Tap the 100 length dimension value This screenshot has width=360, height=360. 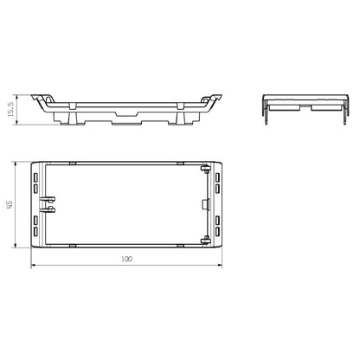point(127,258)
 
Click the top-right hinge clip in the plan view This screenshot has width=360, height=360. point(207,170)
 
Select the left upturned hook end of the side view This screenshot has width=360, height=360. point(37,98)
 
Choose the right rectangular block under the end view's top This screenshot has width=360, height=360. point(324,109)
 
